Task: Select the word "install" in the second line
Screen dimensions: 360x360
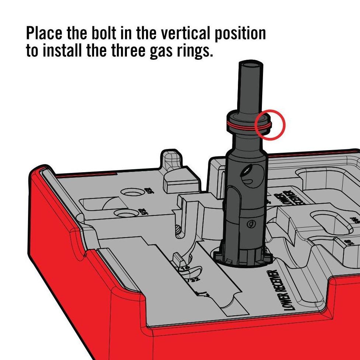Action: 63,51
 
